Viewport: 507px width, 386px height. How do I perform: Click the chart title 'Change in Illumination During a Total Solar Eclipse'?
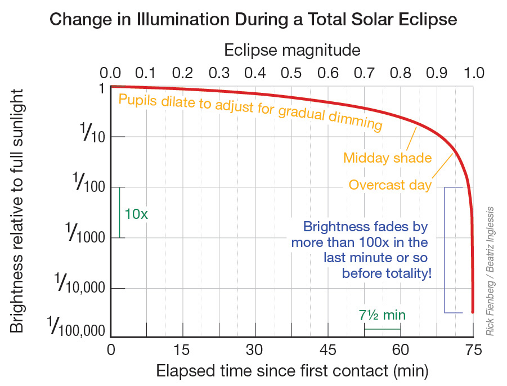pos(253,20)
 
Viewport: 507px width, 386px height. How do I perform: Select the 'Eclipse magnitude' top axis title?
pos(292,50)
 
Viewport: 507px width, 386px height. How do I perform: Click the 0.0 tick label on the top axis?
pos(110,73)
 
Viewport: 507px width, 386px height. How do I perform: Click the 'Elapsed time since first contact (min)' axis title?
pos(292,371)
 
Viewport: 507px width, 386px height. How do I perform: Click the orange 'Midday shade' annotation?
pos(387,158)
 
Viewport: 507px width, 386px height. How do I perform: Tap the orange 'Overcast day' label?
pos(390,185)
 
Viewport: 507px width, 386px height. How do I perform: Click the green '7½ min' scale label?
pos(383,315)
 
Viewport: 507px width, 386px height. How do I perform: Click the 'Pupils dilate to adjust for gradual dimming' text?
pos(250,111)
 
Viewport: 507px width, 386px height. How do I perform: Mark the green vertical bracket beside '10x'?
pos(120,212)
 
